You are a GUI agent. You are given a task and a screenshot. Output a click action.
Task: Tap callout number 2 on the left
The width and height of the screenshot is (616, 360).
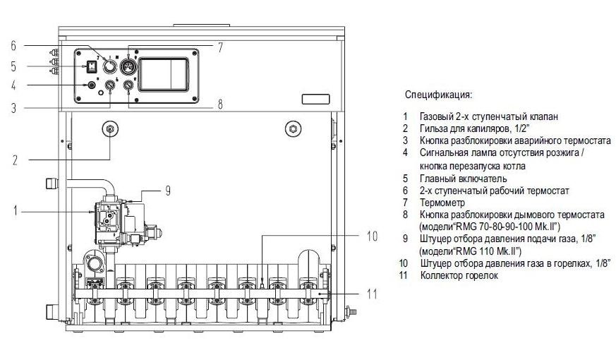(14, 159)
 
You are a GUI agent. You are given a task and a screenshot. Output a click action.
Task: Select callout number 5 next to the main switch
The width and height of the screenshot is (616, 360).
(13, 67)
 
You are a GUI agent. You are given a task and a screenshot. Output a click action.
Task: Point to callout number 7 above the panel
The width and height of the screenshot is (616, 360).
(219, 48)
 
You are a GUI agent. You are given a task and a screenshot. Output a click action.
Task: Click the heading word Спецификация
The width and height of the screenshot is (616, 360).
(438, 94)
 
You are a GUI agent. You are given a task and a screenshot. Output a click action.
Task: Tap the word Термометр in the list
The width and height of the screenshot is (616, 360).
(442, 202)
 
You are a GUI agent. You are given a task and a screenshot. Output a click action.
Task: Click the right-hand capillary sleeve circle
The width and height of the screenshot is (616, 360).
(290, 128)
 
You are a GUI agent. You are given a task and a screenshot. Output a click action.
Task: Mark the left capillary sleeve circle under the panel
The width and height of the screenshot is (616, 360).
(110, 128)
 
